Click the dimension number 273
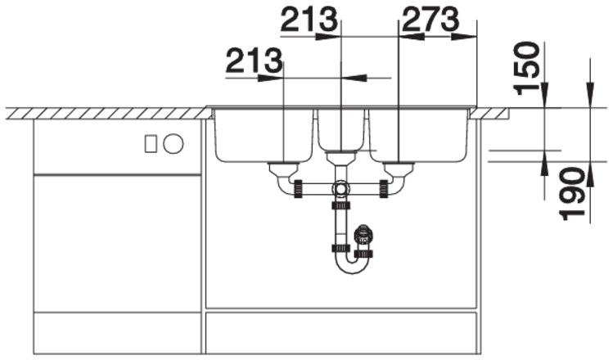click(x=430, y=20)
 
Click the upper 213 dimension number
click(x=309, y=20)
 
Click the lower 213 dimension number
click(x=254, y=61)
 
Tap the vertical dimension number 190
click(x=571, y=193)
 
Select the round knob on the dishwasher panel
click(x=174, y=143)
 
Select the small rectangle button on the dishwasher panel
click(x=151, y=143)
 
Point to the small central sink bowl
click(x=340, y=130)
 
